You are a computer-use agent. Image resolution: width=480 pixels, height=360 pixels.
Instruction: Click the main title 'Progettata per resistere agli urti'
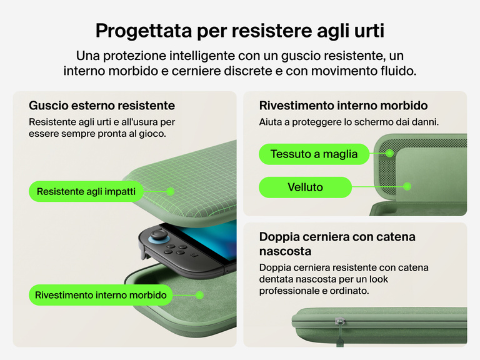tap(240, 30)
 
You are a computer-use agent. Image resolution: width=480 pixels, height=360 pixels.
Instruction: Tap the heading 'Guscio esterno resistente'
tap(102, 105)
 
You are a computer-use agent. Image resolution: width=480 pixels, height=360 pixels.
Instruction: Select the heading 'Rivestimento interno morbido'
tap(343, 105)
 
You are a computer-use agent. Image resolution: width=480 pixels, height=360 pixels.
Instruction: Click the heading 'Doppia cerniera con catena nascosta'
tap(337, 244)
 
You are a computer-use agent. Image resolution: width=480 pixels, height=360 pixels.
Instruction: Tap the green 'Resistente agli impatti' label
tap(85, 191)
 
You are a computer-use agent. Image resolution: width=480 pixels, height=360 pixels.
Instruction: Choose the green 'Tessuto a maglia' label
tap(314, 154)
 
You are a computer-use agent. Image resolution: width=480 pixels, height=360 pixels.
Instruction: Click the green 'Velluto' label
tap(305, 187)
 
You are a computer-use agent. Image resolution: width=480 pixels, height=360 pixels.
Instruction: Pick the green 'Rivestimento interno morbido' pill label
tap(101, 294)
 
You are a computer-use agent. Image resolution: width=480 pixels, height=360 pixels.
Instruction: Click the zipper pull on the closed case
tap(339, 321)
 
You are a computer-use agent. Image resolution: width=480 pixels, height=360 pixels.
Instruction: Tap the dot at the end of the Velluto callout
tap(407, 186)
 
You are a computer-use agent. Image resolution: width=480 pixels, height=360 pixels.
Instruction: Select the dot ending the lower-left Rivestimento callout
tap(199, 294)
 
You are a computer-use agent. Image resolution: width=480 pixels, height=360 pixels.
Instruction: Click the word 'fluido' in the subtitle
tap(398, 71)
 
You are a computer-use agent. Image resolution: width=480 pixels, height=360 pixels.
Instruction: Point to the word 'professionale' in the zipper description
tap(289, 291)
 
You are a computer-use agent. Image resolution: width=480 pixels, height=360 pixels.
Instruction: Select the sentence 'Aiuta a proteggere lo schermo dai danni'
tap(349, 122)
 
